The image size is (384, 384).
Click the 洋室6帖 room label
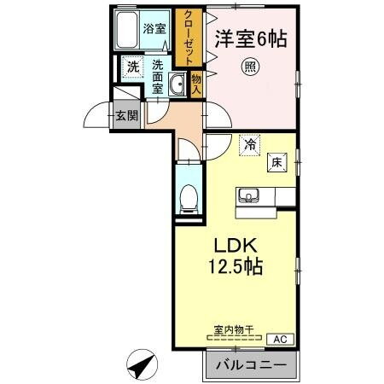pos(249,38)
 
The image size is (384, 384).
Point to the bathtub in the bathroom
pos(129,33)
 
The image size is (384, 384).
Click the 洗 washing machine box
pos(132,67)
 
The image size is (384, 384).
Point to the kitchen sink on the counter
pos(249,195)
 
